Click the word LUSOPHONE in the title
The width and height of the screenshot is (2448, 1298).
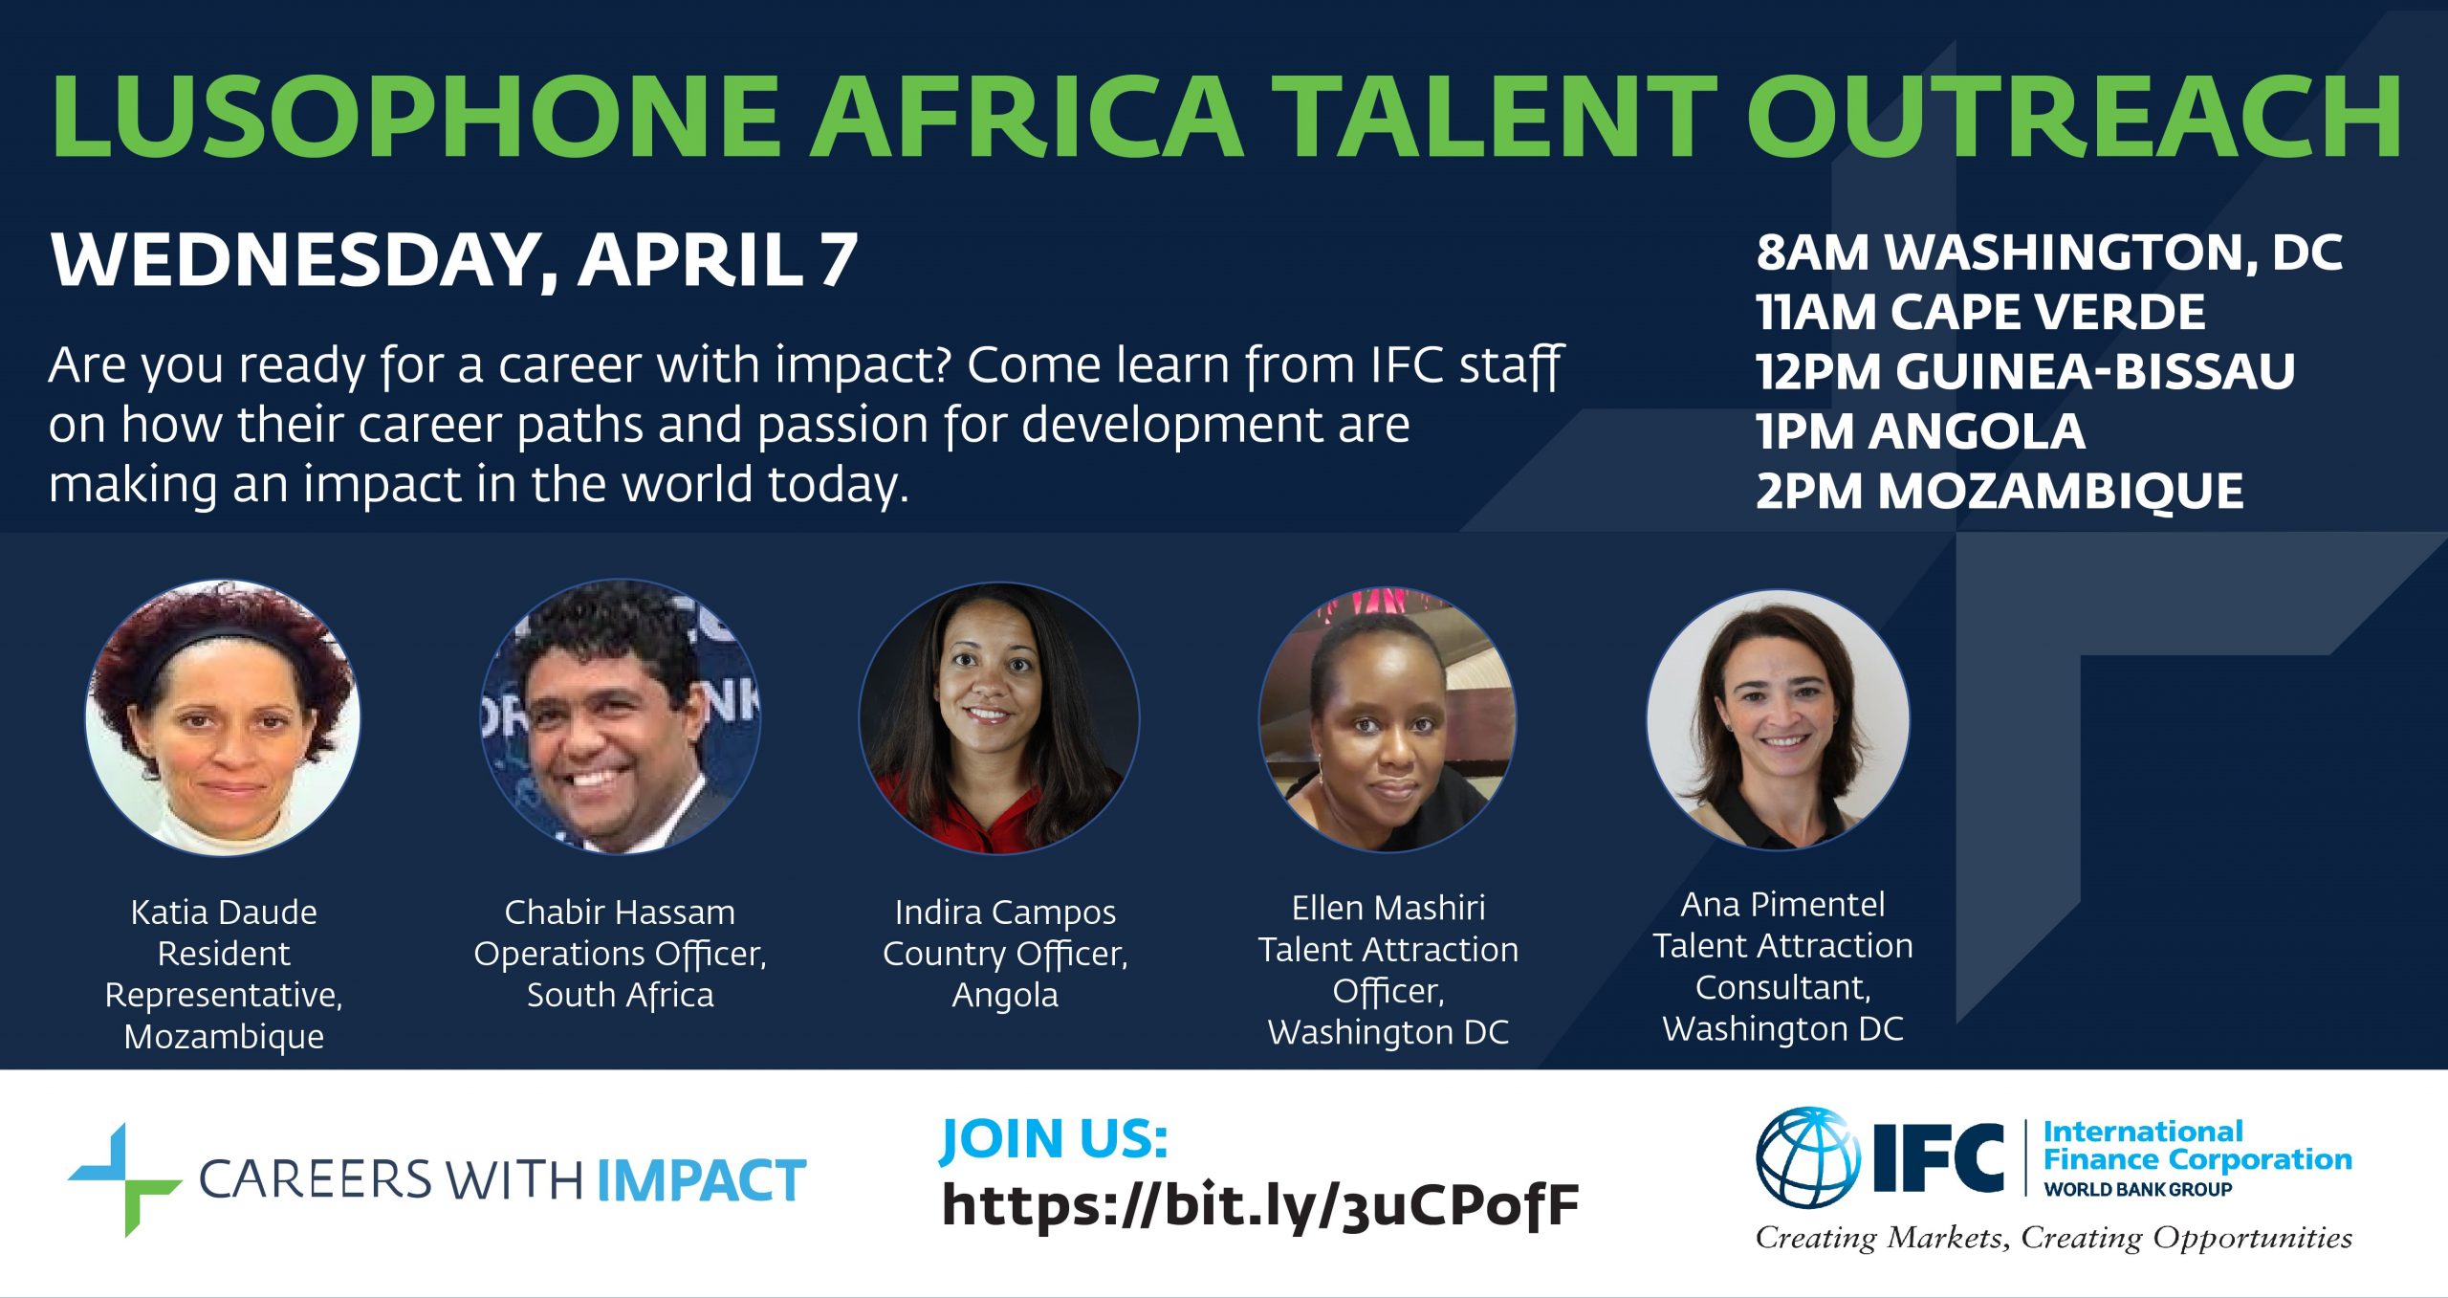[416, 116]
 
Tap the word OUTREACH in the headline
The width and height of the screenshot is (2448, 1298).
[2074, 116]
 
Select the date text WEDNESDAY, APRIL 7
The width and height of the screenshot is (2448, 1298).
[454, 260]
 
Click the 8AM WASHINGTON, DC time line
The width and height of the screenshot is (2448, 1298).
[2049, 253]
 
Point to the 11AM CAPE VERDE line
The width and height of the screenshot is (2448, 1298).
[1980, 312]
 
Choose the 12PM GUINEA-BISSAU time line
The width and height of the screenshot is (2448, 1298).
[2025, 371]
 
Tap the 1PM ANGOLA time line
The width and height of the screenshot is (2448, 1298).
[1920, 431]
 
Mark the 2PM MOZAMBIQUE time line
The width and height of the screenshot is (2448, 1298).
[2000, 492]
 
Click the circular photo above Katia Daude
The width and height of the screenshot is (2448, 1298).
[223, 717]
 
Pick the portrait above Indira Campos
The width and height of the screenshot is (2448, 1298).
[999, 717]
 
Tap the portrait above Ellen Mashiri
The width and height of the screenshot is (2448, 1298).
[1388, 719]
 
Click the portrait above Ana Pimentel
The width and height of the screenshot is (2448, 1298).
[1779, 719]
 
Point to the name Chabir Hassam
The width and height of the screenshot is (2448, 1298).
[620, 913]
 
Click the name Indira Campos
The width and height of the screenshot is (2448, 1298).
[1005, 913]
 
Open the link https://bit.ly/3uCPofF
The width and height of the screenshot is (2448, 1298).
[1260, 1206]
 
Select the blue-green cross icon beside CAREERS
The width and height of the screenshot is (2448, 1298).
[124, 1180]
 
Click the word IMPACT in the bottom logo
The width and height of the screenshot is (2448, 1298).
[702, 1181]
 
